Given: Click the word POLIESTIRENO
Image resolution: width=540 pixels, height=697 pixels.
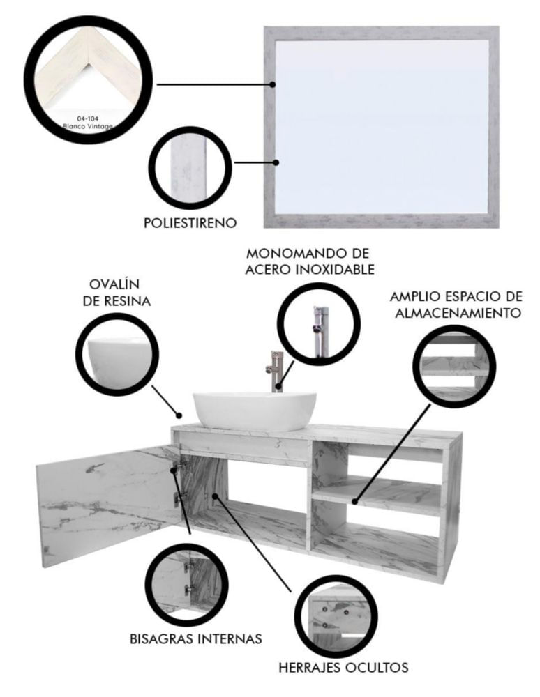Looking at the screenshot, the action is click(x=190, y=223).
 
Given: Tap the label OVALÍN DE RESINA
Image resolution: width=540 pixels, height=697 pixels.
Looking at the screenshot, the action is click(x=117, y=293).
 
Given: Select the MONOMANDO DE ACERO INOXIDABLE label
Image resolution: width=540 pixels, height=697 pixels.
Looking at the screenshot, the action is click(x=310, y=261).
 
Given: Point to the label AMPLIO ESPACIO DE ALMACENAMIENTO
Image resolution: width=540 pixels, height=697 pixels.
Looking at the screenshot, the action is click(x=456, y=304).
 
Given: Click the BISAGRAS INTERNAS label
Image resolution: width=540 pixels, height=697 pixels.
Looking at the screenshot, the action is click(x=196, y=638).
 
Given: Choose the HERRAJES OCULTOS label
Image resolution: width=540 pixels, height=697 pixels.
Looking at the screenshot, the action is click(x=343, y=667).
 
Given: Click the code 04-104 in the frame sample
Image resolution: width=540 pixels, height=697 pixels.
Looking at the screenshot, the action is click(x=88, y=118).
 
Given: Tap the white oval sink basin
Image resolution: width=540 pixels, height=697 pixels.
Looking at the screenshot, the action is click(x=255, y=411).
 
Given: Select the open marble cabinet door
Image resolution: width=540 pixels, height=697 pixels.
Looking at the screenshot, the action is click(x=107, y=507).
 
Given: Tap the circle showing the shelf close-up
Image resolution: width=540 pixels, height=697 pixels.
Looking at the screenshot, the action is click(x=454, y=365).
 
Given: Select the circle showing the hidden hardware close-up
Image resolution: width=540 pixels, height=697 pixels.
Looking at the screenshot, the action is click(x=336, y=616).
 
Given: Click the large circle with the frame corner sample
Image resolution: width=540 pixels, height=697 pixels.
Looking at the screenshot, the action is click(x=88, y=79).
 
